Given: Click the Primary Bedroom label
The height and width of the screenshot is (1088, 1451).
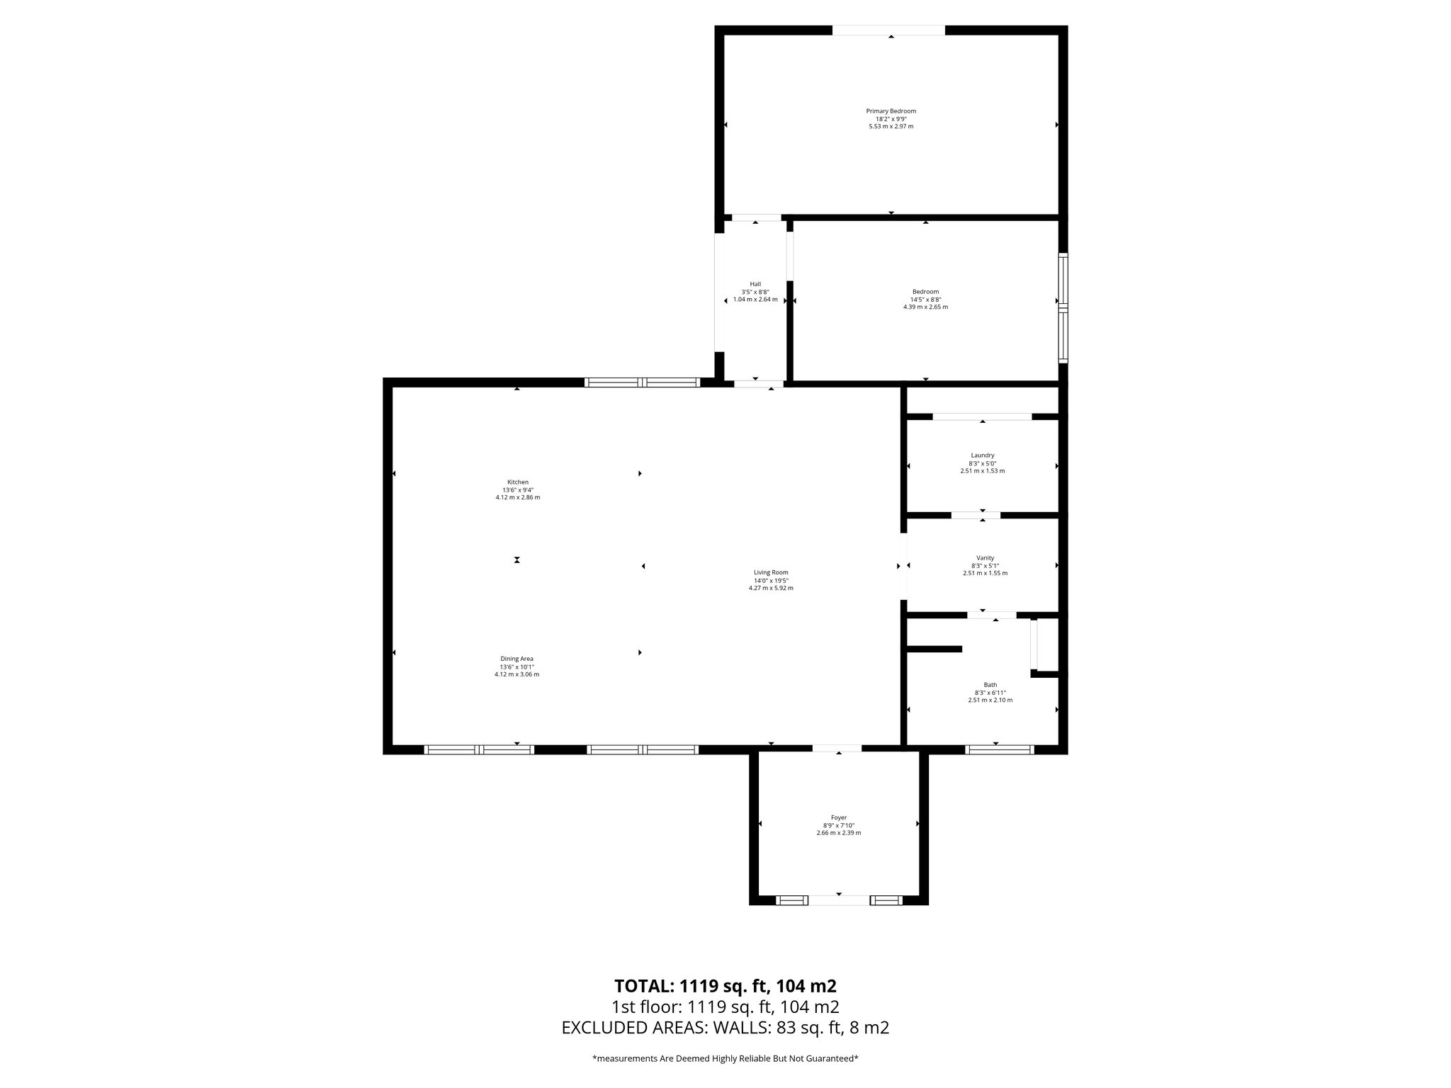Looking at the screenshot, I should point(891,111).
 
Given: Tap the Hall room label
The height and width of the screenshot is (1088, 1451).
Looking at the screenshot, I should point(755,284).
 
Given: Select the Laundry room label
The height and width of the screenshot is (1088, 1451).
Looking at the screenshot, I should point(982,455).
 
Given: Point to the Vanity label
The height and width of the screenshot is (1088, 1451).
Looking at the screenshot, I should point(985,558).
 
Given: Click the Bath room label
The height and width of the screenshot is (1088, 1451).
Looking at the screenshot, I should point(990,685).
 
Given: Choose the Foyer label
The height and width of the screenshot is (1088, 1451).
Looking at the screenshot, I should point(838,817).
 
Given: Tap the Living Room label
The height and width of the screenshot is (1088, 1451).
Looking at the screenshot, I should point(771,572).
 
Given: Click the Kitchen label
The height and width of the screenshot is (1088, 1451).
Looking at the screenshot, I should point(517,482).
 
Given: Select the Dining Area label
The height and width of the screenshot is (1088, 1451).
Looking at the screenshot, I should point(516,659).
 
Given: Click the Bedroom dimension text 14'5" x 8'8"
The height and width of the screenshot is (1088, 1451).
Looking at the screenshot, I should point(925,300).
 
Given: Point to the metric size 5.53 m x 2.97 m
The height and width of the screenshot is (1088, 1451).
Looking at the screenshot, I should point(891,127).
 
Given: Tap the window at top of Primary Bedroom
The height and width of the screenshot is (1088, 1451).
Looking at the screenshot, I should point(888,30).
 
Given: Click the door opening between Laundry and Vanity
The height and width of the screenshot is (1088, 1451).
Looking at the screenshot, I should point(976,515).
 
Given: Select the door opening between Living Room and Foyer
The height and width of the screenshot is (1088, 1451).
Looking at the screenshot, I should point(837,748).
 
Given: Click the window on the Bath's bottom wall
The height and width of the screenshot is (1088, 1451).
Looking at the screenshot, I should point(1000,749).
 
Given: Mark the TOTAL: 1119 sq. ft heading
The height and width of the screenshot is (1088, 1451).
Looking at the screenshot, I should point(725,986).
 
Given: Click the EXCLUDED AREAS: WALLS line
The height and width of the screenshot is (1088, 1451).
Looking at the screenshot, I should point(725,1028).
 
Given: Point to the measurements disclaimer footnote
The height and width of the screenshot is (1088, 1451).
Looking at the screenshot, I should point(725,1058).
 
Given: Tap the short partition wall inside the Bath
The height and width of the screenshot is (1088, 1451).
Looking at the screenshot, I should point(935,648).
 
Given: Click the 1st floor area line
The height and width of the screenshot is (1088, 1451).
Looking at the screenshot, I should point(725,1007).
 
